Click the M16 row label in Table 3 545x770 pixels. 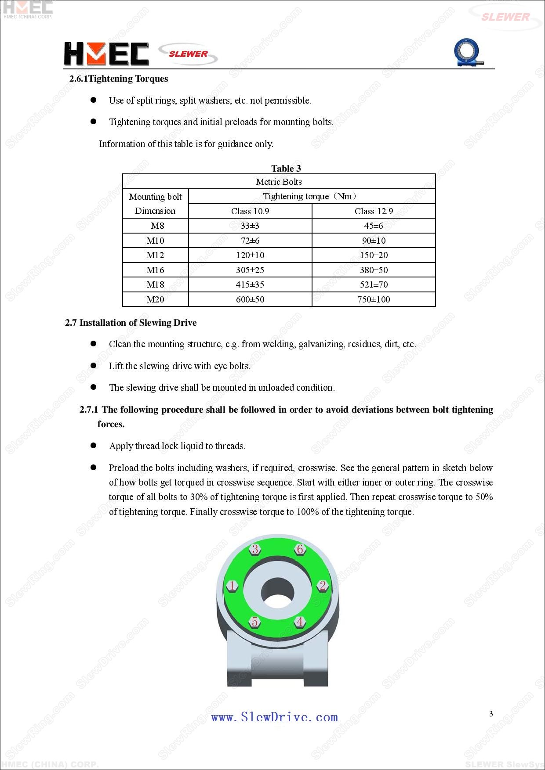tap(155, 270)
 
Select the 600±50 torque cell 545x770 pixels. tap(250, 299)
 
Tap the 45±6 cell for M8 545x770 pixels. tap(374, 226)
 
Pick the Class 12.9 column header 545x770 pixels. tap(374, 211)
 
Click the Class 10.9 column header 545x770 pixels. tap(250, 211)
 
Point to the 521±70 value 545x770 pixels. tap(374, 284)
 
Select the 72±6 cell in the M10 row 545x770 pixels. tap(250, 241)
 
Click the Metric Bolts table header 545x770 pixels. tap(279, 182)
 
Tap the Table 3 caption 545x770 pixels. tap(286, 169)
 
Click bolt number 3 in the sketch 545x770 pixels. tap(255, 549)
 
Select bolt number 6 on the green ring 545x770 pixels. tap(300, 549)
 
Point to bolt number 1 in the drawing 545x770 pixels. tap(232, 586)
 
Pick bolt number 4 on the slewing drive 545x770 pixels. tap(300, 622)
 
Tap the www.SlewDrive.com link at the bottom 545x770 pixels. tap(274, 717)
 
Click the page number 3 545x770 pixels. tap(491, 714)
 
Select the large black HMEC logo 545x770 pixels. tap(106, 54)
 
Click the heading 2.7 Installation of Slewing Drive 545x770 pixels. tap(131, 323)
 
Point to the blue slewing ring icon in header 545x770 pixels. tap(467, 53)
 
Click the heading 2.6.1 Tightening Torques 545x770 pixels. tap(119, 79)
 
